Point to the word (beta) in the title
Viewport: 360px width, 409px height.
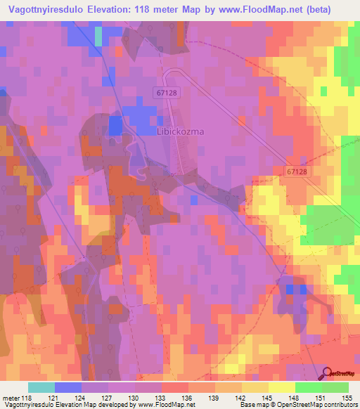pos(333,11)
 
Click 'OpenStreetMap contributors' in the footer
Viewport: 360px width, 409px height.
pos(316,405)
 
